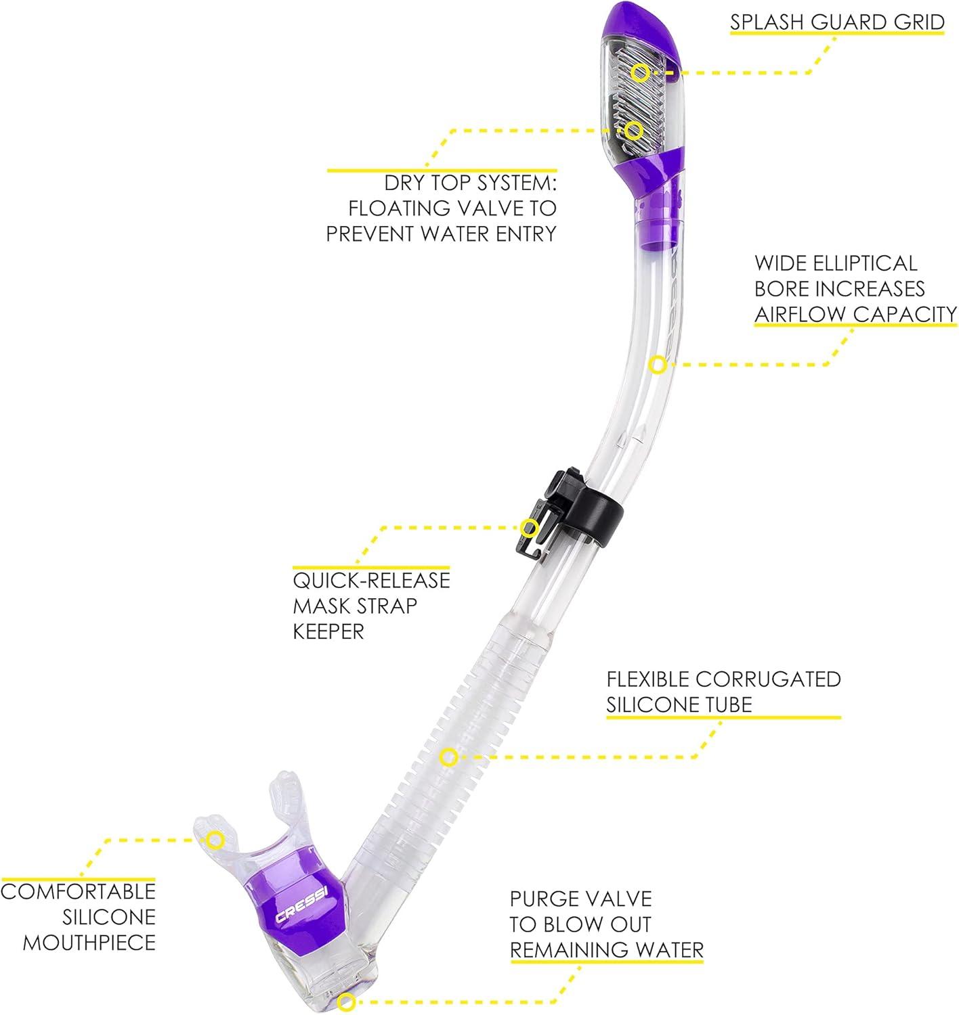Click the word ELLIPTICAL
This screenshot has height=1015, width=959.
click(860, 263)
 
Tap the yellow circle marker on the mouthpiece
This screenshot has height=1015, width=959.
click(215, 840)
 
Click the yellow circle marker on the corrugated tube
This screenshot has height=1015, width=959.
click(448, 757)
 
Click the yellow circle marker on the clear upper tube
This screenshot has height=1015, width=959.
click(656, 365)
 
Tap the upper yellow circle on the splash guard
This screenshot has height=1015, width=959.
click(641, 71)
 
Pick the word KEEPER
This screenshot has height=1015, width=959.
click(328, 631)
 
